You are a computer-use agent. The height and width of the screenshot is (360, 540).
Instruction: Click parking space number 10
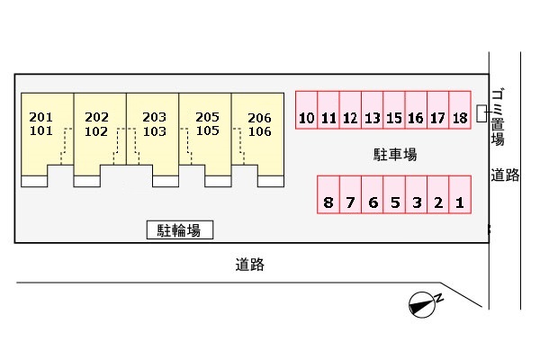pos(307,110)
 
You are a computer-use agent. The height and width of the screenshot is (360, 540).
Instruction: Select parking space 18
pos(460,110)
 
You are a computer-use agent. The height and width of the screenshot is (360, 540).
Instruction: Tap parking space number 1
pos(460,194)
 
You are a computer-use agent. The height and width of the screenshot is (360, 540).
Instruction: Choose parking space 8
pos(328,194)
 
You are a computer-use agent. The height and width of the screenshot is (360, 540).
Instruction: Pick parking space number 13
pos(373,110)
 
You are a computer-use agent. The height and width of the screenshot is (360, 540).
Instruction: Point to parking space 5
pos(394,194)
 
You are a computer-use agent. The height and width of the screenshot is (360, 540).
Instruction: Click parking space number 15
pos(394,110)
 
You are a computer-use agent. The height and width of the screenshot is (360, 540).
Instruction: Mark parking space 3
pos(417,194)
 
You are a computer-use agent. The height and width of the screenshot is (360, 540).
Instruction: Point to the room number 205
pos(207,117)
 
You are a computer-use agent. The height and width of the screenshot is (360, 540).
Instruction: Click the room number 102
pos(96,131)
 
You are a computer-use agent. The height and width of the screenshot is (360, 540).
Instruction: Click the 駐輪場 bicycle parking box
pos(180,229)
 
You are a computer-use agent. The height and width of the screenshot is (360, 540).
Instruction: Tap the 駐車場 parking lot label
pos(395,155)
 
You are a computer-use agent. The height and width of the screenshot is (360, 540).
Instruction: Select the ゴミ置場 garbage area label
pos(498,117)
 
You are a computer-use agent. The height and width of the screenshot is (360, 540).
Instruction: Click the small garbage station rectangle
pos(481,113)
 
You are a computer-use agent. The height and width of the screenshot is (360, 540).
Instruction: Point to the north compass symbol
pos(425,304)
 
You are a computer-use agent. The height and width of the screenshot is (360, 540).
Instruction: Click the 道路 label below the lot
pos(250,265)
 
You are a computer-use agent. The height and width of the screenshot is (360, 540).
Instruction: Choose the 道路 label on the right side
pos(505,175)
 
